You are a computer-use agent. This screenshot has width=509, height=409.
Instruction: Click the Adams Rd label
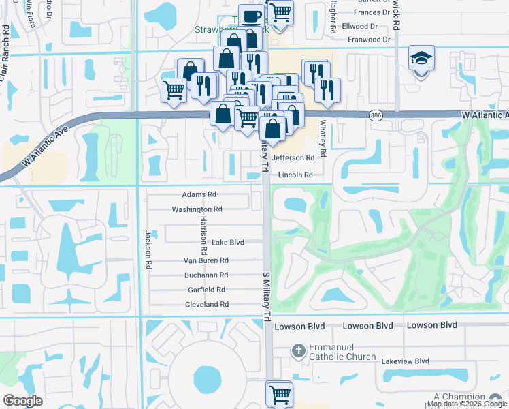(199, 194)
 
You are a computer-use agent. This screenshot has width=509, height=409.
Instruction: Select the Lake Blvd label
(227, 242)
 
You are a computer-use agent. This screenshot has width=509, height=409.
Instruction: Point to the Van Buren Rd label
(206, 260)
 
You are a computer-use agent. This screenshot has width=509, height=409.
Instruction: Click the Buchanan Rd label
(206, 275)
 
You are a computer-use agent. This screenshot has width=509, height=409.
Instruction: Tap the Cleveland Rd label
(206, 304)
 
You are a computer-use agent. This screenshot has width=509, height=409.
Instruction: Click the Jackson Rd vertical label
(147, 243)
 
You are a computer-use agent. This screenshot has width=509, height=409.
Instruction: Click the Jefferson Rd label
(293, 157)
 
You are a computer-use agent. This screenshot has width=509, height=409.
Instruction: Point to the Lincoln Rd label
(295, 175)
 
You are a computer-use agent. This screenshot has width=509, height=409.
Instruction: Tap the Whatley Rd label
(323, 138)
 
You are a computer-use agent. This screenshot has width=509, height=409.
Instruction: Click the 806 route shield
(376, 116)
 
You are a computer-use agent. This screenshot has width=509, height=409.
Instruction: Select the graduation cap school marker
(421, 59)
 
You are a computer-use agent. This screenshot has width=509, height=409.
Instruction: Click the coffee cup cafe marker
(250, 16)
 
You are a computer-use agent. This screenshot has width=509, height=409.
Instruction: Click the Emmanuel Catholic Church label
(342, 352)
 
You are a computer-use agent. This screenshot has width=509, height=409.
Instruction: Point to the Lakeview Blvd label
(406, 361)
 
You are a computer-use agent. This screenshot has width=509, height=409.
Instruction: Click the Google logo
(23, 400)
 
